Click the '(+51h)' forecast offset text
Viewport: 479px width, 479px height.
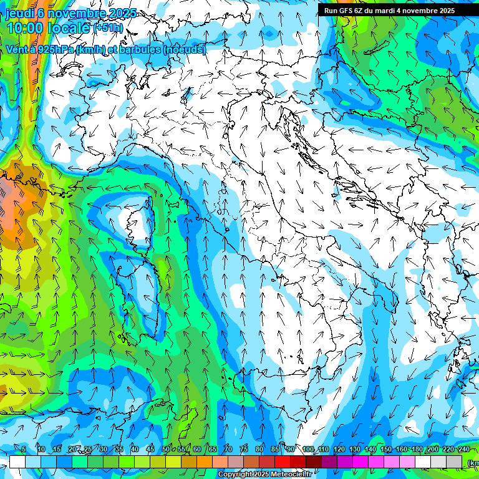point(109,28)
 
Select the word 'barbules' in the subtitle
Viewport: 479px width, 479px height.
point(140,49)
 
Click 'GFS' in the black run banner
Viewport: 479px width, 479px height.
point(348,11)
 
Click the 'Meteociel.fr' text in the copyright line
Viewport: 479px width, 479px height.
point(291,475)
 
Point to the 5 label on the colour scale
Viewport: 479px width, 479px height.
point(24,449)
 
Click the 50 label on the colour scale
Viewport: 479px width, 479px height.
point(165,449)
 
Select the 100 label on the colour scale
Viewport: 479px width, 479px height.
point(307,449)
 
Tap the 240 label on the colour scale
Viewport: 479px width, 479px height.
point(463,449)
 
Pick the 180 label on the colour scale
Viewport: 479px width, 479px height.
point(417,449)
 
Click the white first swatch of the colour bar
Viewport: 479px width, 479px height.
point(17,462)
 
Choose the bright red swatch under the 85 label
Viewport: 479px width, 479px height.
point(283,462)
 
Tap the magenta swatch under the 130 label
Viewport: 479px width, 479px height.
point(360,462)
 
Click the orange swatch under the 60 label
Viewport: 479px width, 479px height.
point(205,462)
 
